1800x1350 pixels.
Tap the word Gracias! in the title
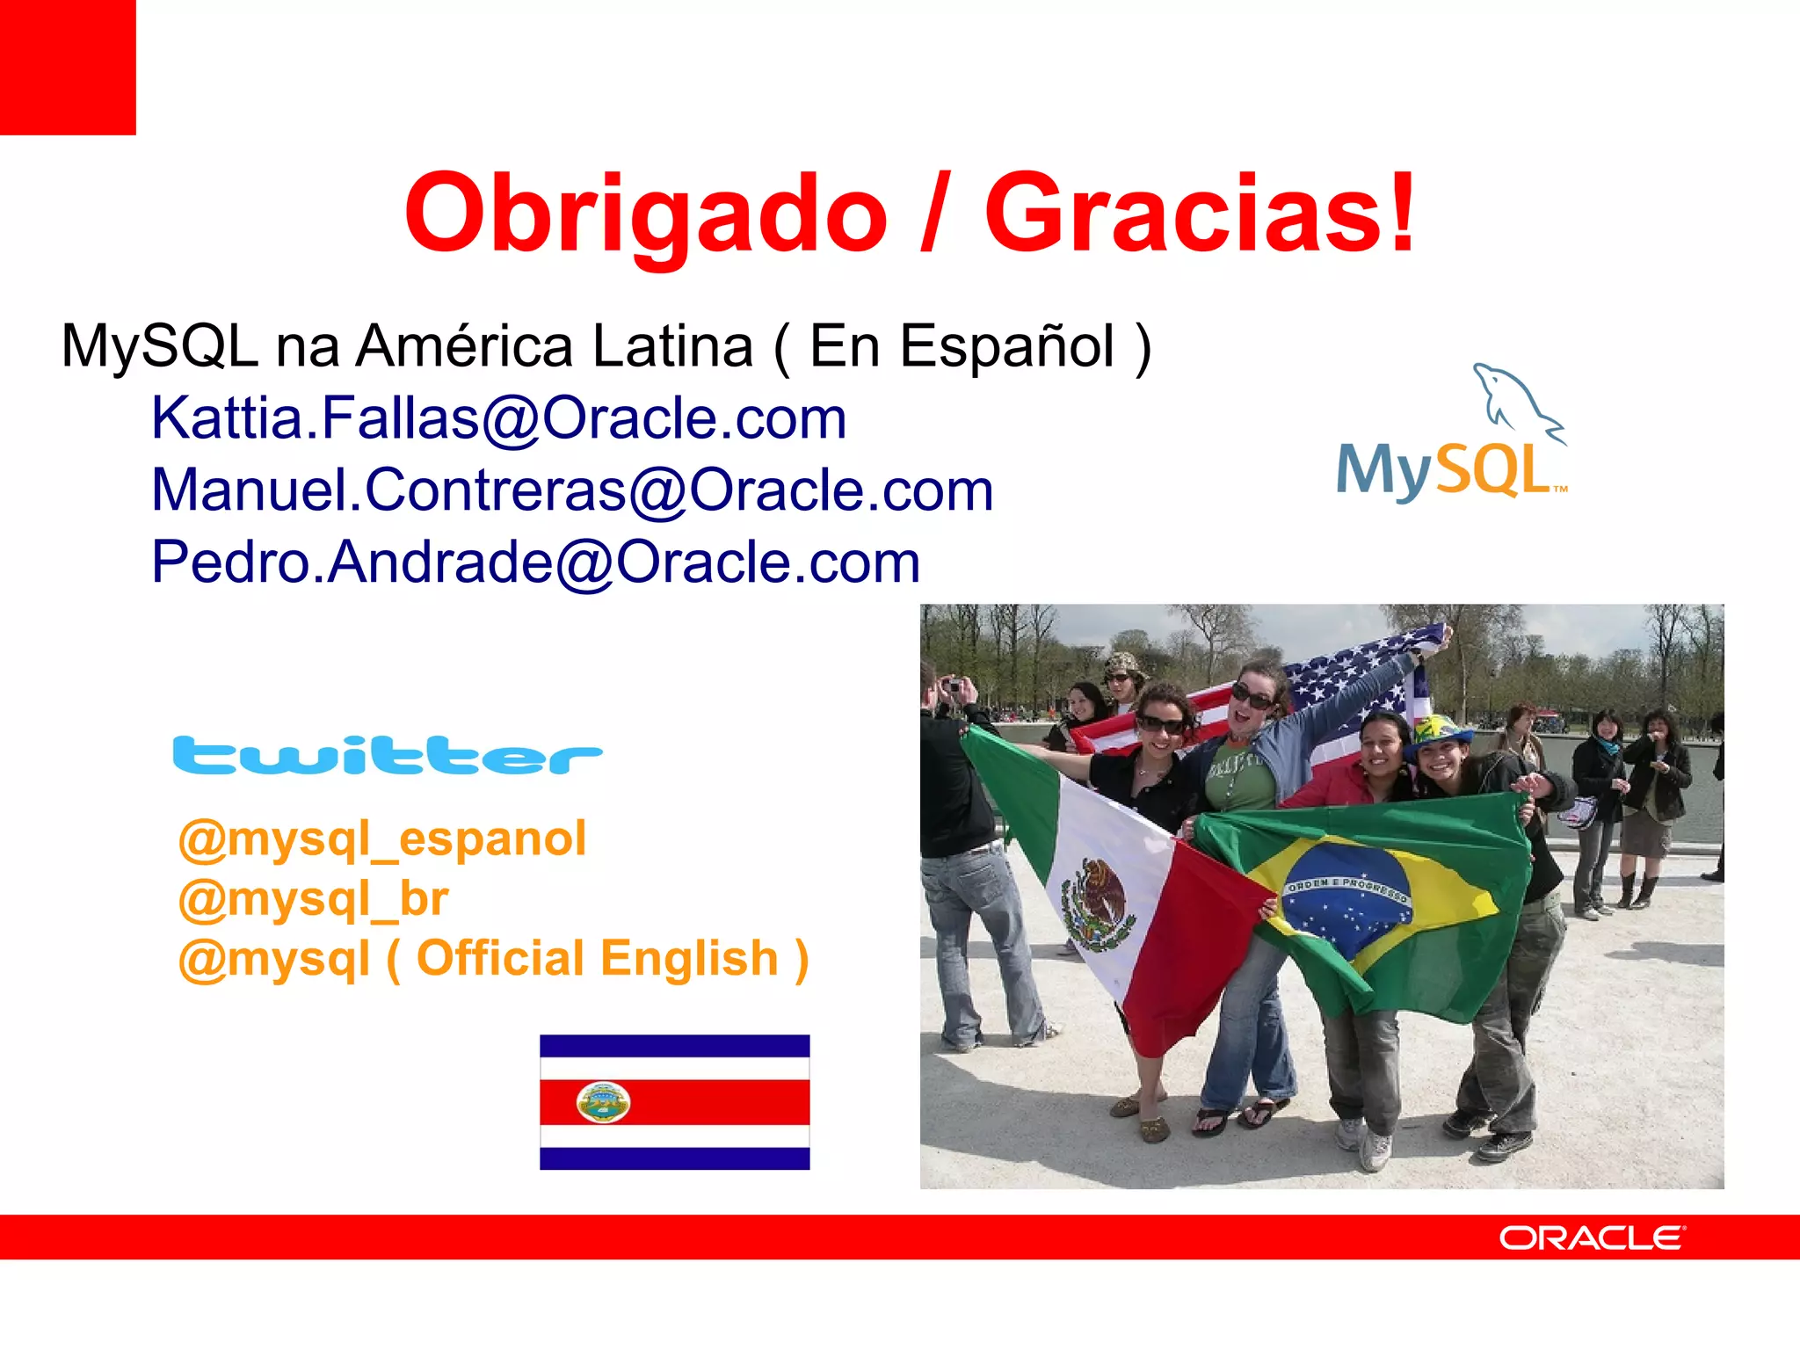point(1200,214)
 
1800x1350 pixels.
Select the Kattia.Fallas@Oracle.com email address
point(498,418)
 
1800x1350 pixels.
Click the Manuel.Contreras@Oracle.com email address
point(572,490)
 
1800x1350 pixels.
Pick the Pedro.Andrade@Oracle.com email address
point(535,562)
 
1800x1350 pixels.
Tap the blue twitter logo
point(388,756)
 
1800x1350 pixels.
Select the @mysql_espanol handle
point(382,838)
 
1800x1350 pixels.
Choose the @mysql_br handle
point(313,899)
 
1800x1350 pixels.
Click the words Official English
point(598,958)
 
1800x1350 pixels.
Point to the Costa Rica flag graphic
point(674,1102)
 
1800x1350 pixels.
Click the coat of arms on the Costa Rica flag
point(603,1102)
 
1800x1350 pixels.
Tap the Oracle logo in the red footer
point(1592,1237)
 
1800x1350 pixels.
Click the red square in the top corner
point(68,67)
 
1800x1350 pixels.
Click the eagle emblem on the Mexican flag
point(1094,901)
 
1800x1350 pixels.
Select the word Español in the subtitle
point(1007,346)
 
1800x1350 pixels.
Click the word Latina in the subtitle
point(672,346)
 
